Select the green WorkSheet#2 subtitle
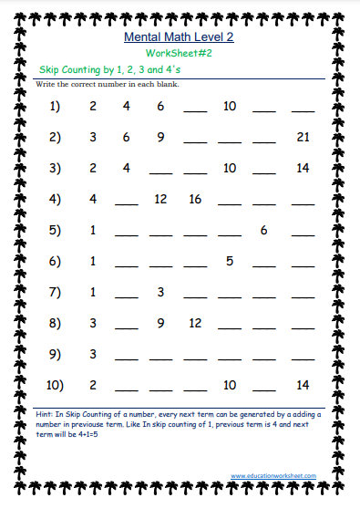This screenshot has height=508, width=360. click(x=178, y=54)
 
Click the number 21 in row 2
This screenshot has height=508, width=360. click(x=303, y=138)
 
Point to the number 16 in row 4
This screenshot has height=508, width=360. click(x=195, y=199)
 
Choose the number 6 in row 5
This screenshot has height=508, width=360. click(x=263, y=230)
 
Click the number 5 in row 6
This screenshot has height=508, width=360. click(x=229, y=261)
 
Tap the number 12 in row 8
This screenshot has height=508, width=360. click(x=195, y=323)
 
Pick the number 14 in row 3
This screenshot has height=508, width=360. click(x=303, y=169)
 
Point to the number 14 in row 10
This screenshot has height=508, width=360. click(x=303, y=385)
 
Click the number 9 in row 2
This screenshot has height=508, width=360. click(x=160, y=138)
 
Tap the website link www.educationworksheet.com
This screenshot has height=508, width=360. click(x=273, y=475)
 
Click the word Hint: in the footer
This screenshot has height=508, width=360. click(x=46, y=413)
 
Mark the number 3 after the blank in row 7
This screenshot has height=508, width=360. click(x=160, y=292)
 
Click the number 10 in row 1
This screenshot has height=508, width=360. click(x=229, y=107)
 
